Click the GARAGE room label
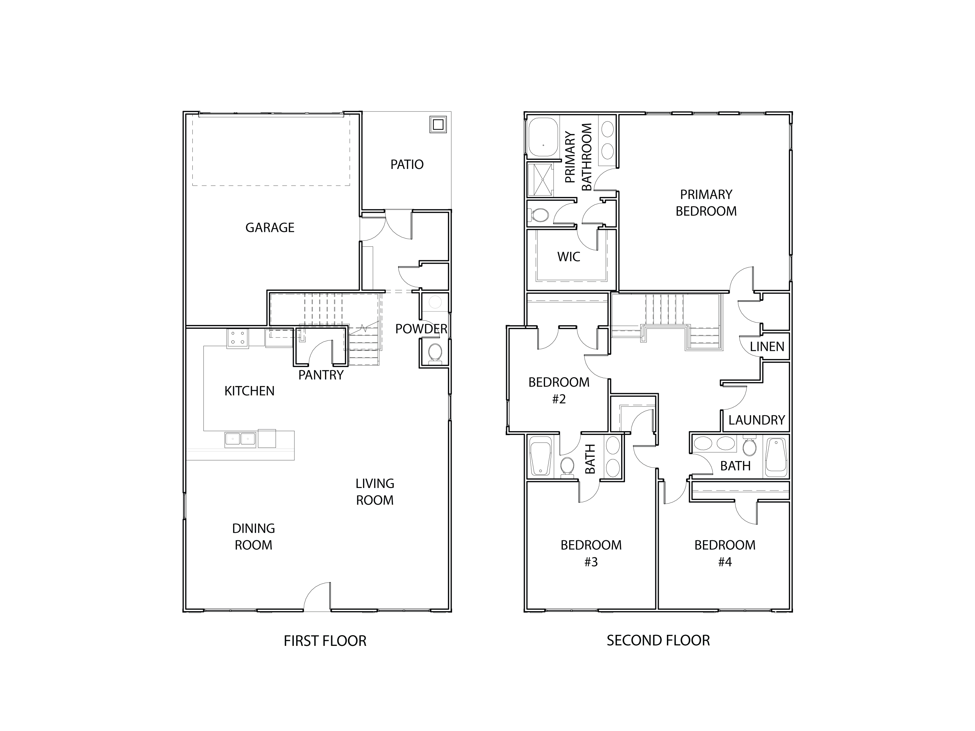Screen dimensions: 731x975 tap(270, 228)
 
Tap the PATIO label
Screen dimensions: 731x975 tap(407, 165)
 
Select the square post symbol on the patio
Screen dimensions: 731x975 tap(438, 125)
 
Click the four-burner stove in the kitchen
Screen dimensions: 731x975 tap(238, 339)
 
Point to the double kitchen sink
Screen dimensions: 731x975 tap(240, 439)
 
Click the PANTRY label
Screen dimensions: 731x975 tap(321, 375)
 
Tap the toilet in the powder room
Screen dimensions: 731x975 tap(435, 353)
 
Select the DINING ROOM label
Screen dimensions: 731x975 tap(253, 537)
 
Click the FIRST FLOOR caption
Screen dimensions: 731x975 tap(325, 641)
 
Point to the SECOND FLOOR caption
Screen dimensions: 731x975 tap(658, 641)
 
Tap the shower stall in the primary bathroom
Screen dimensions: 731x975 tap(540, 179)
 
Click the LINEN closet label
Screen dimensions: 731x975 tap(767, 347)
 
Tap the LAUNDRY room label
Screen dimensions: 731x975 tap(756, 420)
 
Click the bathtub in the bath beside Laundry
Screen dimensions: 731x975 tap(776, 457)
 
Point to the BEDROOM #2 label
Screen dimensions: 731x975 tap(559, 391)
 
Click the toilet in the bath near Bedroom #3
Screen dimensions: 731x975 tap(567, 466)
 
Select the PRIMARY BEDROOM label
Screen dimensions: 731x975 tap(706, 203)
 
